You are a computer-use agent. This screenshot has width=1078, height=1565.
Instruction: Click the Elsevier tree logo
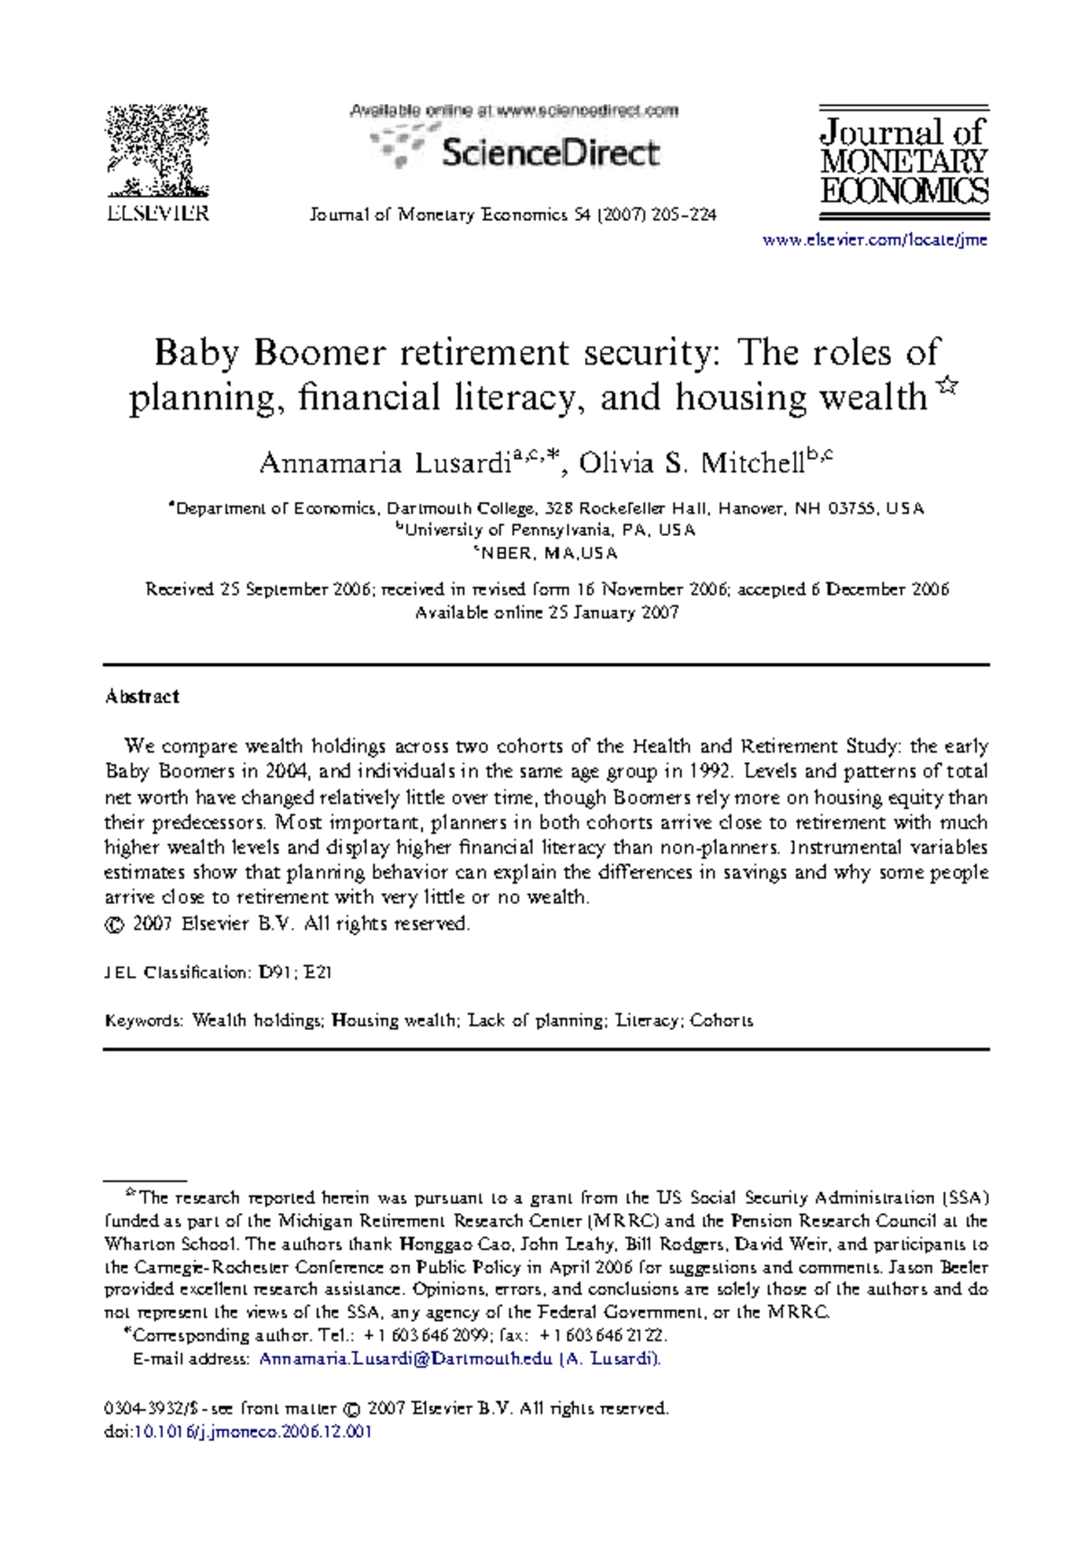(158, 151)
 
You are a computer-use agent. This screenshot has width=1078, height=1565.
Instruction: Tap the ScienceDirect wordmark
(550, 153)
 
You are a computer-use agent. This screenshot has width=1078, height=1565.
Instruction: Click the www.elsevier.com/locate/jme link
(874, 240)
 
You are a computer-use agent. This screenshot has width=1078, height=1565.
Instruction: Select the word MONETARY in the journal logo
(903, 163)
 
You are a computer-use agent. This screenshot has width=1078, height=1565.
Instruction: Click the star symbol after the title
(947, 386)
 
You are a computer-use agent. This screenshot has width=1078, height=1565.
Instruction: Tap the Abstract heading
(142, 697)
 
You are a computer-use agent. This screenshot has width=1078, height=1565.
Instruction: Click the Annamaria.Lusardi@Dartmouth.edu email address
(405, 1359)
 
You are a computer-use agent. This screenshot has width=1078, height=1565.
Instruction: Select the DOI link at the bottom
(252, 1432)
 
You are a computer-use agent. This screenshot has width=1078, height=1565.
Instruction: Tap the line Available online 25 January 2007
(546, 613)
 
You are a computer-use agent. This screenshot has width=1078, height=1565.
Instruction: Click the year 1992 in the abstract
(709, 771)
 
